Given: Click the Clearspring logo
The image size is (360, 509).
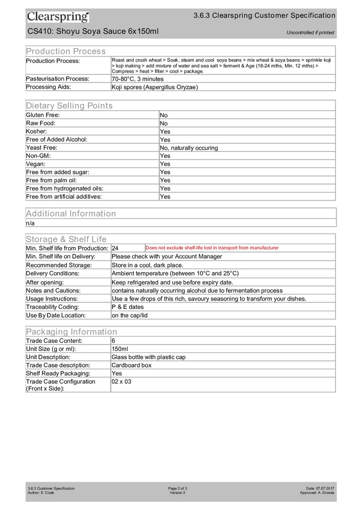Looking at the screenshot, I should [x=58, y=16].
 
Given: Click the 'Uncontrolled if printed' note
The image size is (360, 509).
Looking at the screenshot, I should [x=310, y=33].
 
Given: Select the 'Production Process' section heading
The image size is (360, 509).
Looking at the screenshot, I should [x=65, y=51].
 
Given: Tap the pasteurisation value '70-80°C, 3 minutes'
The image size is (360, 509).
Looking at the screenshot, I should [x=137, y=79].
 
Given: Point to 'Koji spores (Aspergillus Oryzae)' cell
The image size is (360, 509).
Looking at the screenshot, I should [x=154, y=87].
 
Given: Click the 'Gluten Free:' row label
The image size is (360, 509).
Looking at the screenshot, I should [x=42, y=115].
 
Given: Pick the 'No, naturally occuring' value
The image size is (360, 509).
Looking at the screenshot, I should [x=188, y=148].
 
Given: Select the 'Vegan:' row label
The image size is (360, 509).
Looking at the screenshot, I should [x=35, y=164].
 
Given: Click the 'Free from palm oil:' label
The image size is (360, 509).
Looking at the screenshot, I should [x=51, y=180].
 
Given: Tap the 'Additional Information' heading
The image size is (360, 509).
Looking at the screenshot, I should [x=70, y=213].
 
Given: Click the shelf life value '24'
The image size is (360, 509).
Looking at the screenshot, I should [x=115, y=248].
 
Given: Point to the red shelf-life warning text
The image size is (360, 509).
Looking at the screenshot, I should [x=212, y=248].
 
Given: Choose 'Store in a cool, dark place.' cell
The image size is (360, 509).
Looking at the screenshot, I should [x=147, y=265].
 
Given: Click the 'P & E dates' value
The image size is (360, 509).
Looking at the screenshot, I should [x=127, y=307].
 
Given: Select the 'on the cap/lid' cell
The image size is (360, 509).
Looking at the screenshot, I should [x=129, y=315].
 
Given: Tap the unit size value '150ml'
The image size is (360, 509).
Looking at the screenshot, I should [x=120, y=349].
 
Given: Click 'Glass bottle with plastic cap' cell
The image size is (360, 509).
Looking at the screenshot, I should [x=148, y=357].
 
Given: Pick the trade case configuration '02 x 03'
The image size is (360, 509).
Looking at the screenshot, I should [x=121, y=381].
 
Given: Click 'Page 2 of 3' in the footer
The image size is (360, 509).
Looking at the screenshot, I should [x=177, y=488].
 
